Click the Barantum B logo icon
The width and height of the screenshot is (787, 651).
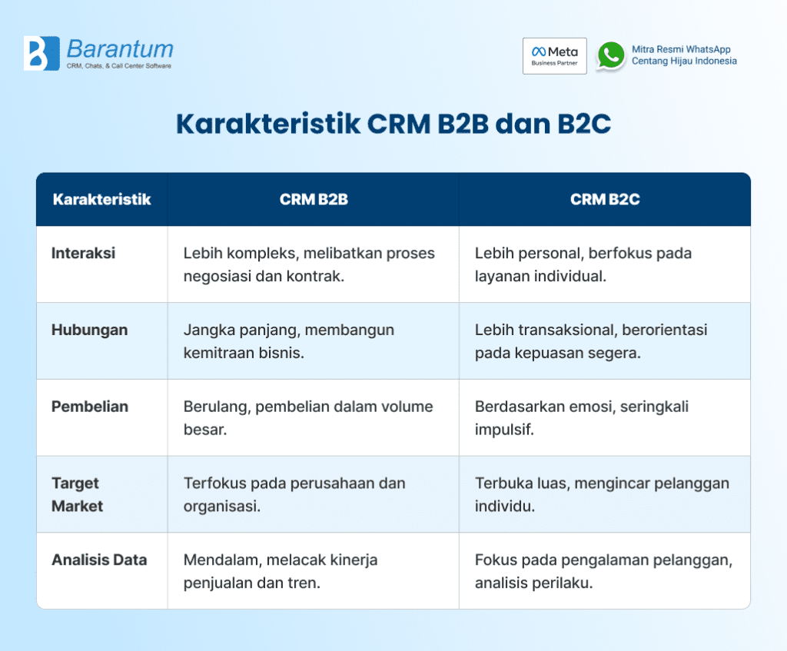click(42, 54)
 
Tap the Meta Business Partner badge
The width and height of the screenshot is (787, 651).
click(554, 56)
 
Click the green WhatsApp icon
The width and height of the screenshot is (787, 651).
click(611, 56)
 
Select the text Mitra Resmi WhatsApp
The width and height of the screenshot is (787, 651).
click(681, 49)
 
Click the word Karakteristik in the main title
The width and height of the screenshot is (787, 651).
click(267, 124)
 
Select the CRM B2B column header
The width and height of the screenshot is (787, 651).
click(313, 200)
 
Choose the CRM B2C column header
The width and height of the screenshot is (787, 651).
click(604, 200)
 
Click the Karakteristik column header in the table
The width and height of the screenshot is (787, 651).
click(101, 200)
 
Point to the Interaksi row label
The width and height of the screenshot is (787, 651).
click(83, 253)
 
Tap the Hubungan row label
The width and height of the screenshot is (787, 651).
click(89, 330)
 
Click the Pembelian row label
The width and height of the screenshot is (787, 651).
click(89, 407)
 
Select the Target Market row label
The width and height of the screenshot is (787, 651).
click(77, 494)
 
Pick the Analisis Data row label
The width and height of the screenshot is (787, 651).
click(98, 560)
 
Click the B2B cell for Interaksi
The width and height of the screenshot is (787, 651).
click(309, 264)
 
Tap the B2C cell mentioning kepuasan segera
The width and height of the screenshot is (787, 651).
click(590, 340)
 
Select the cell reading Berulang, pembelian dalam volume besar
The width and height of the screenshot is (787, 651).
click(307, 417)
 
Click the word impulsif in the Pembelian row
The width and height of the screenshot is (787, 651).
click(503, 429)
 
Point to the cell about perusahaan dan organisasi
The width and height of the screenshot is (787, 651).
click(294, 494)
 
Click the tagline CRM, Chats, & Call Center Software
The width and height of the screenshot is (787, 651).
click(119, 67)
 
